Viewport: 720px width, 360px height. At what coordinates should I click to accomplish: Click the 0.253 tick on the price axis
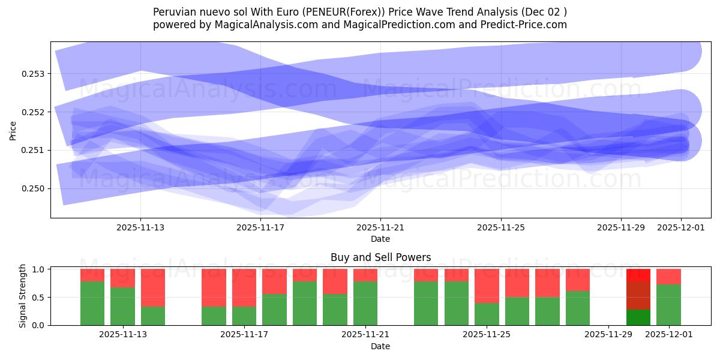click(36, 74)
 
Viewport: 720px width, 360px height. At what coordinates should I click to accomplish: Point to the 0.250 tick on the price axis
click(36, 188)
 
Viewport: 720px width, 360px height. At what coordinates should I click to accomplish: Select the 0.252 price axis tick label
click(36, 112)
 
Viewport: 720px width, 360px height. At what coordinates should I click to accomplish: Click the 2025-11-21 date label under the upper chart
click(380, 227)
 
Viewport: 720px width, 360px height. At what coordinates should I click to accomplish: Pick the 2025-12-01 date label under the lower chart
click(669, 335)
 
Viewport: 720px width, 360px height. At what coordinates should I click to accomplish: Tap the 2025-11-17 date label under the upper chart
click(260, 227)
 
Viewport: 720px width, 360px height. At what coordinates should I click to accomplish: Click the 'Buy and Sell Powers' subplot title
click(380, 257)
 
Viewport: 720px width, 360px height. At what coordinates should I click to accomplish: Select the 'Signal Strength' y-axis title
click(23, 296)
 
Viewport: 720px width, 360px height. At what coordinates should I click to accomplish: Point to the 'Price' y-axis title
click(13, 130)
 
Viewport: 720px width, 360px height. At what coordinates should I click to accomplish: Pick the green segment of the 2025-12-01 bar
click(668, 305)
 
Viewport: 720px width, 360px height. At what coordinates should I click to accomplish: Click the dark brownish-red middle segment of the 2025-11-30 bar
click(638, 295)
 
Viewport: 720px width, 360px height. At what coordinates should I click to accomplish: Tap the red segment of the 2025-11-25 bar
click(487, 286)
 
